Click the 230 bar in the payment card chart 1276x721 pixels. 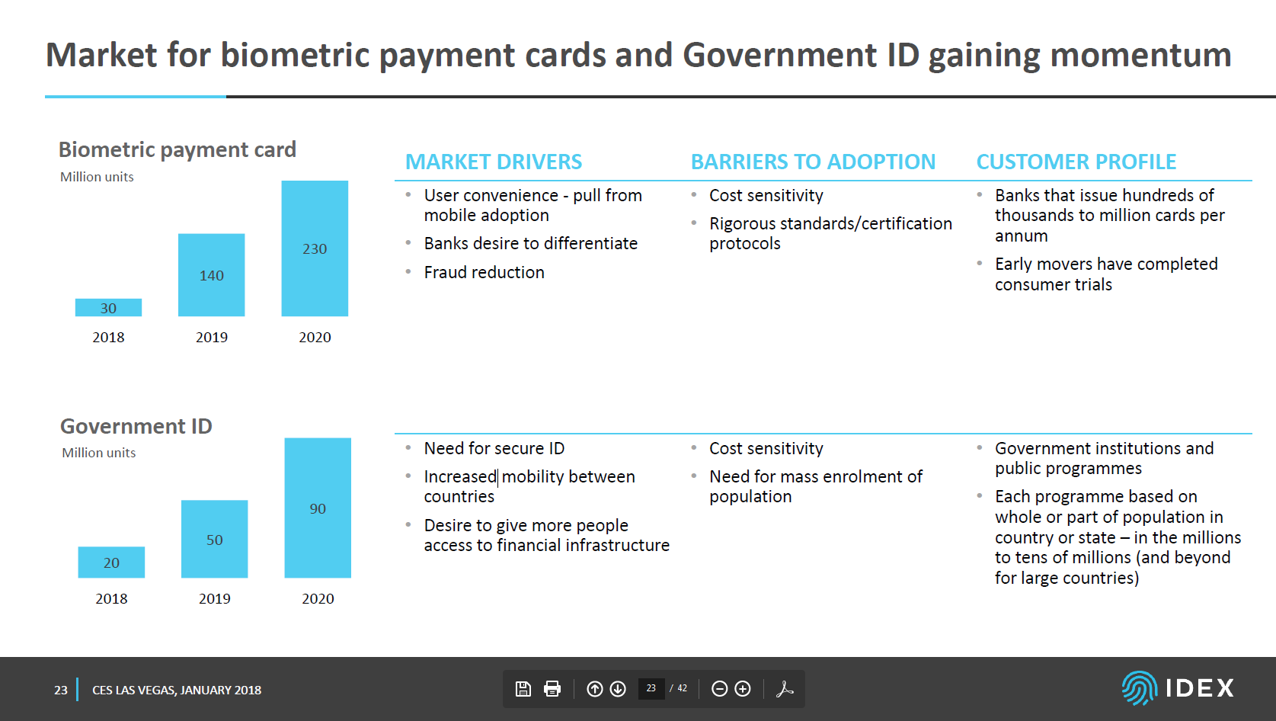(x=315, y=248)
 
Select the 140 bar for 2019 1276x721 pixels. (x=211, y=274)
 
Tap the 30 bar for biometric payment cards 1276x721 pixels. (x=108, y=308)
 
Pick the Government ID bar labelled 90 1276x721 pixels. (x=318, y=508)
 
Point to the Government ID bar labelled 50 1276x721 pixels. (x=214, y=539)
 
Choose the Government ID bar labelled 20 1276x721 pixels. (x=111, y=562)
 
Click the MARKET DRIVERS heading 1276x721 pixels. (x=494, y=162)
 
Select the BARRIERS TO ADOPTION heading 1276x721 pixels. (x=813, y=162)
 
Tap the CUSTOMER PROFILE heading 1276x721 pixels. (x=1076, y=162)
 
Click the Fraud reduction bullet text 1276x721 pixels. (x=484, y=272)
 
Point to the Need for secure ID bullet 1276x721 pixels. (x=494, y=449)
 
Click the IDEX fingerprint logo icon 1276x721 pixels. (x=1140, y=688)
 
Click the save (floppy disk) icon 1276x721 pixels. (x=523, y=689)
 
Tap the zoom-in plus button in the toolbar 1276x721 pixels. (x=743, y=689)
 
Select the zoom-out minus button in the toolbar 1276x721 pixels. (x=719, y=689)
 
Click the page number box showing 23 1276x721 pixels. (x=651, y=688)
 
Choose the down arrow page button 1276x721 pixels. (x=618, y=689)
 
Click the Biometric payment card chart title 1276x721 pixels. (x=177, y=150)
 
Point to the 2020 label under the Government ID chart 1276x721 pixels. (x=318, y=598)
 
